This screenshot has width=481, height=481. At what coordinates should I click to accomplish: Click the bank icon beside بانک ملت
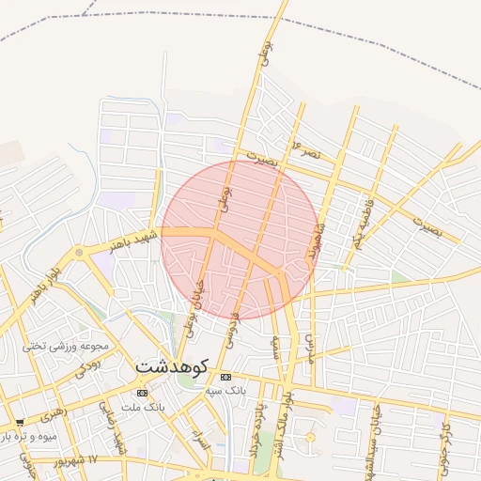click(x=142, y=393)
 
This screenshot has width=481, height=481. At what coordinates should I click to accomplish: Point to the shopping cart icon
click(x=20, y=423)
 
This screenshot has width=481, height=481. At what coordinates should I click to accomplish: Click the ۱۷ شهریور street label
click(x=77, y=460)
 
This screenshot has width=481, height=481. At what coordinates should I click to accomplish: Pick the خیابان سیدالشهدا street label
click(x=377, y=432)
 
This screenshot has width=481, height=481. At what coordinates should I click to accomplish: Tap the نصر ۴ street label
click(x=307, y=148)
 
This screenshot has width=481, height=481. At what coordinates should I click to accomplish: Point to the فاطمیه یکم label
click(x=363, y=223)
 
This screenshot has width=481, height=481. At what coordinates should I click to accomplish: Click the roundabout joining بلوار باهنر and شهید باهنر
click(x=79, y=253)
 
